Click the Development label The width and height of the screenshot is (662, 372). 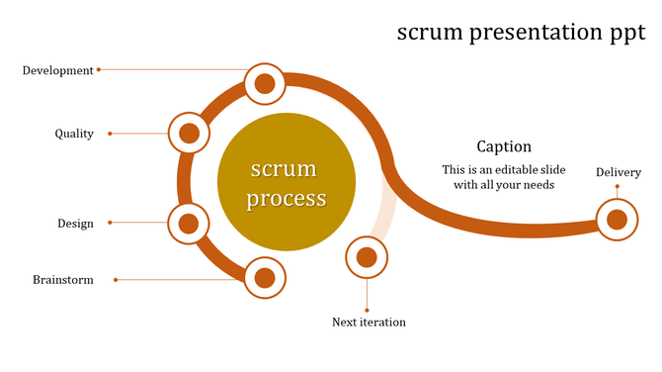click(57, 70)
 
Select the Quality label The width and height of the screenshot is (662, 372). click(74, 134)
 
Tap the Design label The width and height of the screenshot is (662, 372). click(75, 224)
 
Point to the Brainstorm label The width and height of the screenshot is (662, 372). click(63, 280)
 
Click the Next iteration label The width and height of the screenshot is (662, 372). click(369, 323)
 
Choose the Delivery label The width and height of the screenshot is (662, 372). click(618, 173)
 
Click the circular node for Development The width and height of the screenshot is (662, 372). click(265, 84)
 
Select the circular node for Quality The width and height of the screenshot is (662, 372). click(190, 134)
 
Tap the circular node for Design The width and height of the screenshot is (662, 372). click(189, 224)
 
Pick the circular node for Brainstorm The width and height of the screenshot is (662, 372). click(265, 278)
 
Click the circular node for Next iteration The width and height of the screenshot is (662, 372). click(367, 258)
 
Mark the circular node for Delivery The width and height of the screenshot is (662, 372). click(617, 220)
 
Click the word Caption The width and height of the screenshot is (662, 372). click(504, 146)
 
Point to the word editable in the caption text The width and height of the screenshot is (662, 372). click(538, 169)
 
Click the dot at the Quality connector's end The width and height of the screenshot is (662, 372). click(110, 134)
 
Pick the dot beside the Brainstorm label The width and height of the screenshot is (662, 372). click(116, 280)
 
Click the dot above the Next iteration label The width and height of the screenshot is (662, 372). click(367, 310)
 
